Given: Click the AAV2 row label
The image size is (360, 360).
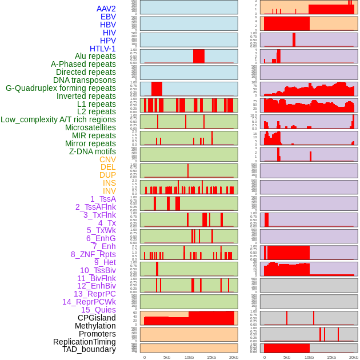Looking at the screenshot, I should pyautogui.click(x=106, y=9).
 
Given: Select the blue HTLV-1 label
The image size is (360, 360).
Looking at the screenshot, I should pyautogui.click(x=103, y=49).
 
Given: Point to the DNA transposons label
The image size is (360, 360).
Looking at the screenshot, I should pyautogui.click(x=85, y=80).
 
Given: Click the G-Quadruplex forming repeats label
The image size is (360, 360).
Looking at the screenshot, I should pyautogui.click(x=61, y=88).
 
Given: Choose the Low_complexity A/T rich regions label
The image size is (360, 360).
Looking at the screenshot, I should pyautogui.click(x=58, y=119).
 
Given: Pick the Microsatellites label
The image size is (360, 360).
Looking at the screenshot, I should pyautogui.click(x=90, y=127).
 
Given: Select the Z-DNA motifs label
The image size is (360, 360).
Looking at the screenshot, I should pyautogui.click(x=93, y=151).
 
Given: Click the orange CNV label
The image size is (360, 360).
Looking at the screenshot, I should pyautogui.click(x=107, y=159).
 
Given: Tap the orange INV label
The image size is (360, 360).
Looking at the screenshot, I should pyautogui.click(x=109, y=191).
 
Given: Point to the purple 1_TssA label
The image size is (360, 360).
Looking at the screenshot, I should pyautogui.click(x=103, y=199).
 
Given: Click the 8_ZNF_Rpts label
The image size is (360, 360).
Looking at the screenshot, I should pyautogui.click(x=93, y=254).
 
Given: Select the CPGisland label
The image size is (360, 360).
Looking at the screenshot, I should pyautogui.click(x=97, y=318).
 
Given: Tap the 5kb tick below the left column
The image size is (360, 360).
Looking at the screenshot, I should pyautogui.click(x=167, y=358).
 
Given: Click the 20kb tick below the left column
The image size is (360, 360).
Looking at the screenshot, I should pyautogui.click(x=234, y=358).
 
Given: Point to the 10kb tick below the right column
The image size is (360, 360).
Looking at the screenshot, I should pyautogui.click(x=309, y=358).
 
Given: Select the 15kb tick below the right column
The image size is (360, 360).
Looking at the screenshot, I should pyautogui.click(x=331, y=358).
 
